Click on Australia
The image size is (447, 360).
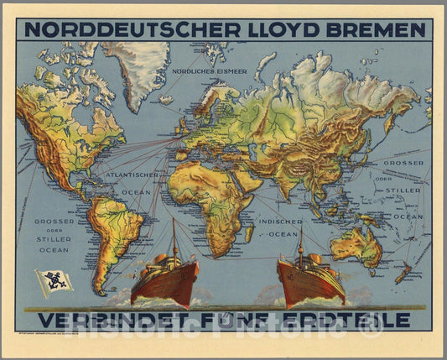click(356, 246)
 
